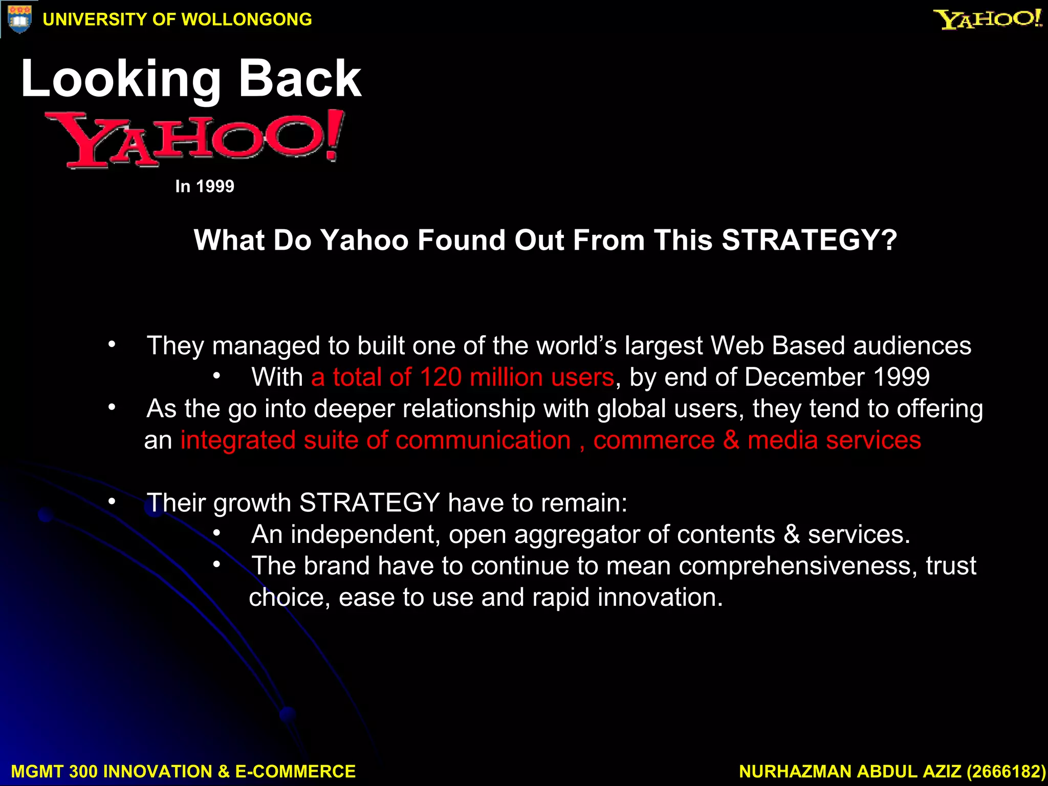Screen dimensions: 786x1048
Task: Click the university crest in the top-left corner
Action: (19, 19)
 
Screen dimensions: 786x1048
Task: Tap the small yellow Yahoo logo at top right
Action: (988, 19)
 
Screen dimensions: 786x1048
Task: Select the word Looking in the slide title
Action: (121, 79)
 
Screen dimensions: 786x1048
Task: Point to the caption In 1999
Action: (204, 186)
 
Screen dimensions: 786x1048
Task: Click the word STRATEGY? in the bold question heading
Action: (810, 240)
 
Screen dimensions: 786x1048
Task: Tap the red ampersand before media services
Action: (731, 440)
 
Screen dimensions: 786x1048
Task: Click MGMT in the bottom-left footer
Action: (36, 771)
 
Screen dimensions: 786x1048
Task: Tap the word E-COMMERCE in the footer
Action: (295, 771)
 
